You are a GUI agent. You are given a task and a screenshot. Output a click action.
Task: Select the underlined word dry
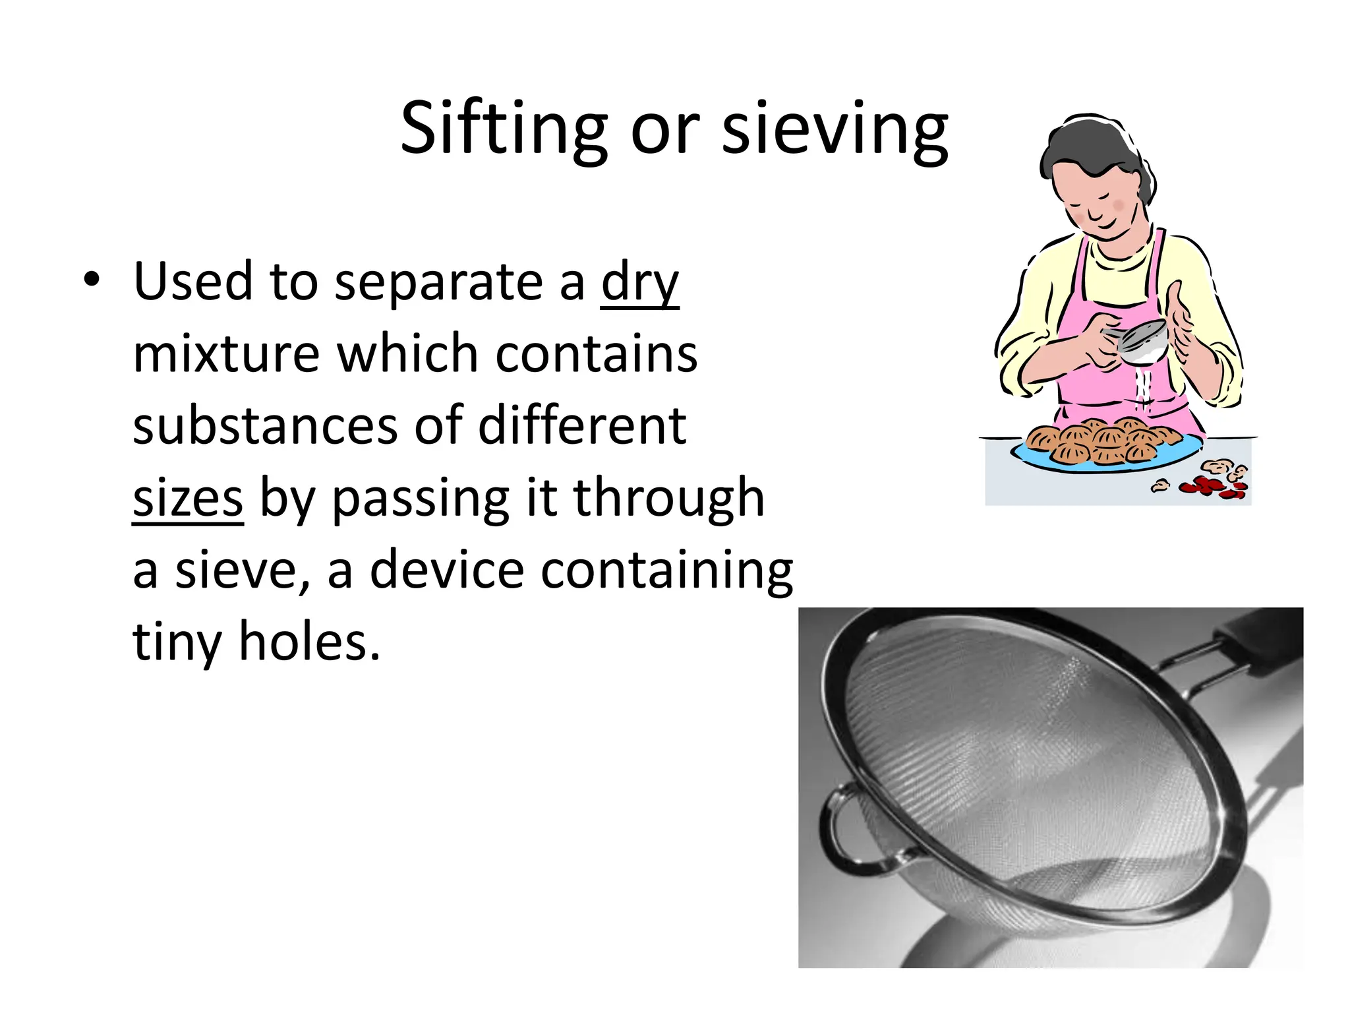coord(639,282)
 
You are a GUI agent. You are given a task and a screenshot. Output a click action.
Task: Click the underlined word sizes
coord(188,499)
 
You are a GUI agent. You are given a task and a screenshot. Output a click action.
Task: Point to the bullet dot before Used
coord(92,280)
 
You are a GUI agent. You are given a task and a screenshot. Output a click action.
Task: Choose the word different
coord(582,426)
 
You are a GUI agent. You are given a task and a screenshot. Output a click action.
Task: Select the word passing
coord(420,499)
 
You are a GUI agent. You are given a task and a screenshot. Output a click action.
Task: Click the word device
coord(447,570)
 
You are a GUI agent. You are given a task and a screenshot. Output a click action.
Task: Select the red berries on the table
coord(1210,487)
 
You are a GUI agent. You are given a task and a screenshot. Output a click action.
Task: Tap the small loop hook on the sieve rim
coord(840,827)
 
